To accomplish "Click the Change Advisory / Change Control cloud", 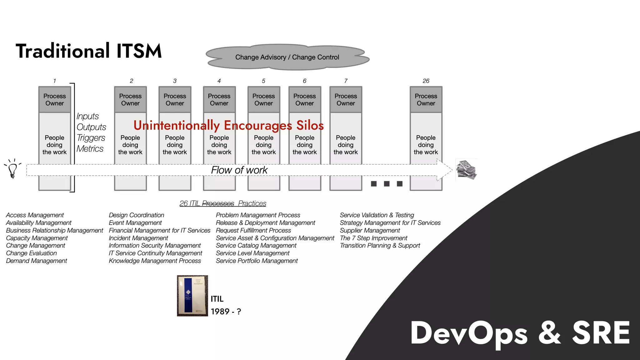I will click(287, 57).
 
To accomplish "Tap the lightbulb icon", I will click(12, 169).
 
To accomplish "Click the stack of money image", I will click(466, 170).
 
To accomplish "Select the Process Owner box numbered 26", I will click(426, 100).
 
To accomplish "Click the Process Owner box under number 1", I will click(55, 100).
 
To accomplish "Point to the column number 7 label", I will click(346, 81).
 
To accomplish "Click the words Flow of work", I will click(239, 170).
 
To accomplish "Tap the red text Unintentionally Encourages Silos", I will click(228, 125).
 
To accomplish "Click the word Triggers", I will click(91, 138).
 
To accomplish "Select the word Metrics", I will click(90, 149).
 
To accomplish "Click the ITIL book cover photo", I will click(192, 296).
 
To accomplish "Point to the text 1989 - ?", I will click(226, 312).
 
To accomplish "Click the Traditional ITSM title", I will click(89, 51).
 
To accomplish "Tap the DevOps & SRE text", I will click(520, 333).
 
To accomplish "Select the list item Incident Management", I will click(138, 238).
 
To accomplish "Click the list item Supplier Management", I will click(370, 231).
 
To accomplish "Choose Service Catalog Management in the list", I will click(256, 246).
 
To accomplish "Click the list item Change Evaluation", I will click(32, 253).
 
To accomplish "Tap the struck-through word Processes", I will click(218, 203).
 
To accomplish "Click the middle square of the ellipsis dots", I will click(387, 184).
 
